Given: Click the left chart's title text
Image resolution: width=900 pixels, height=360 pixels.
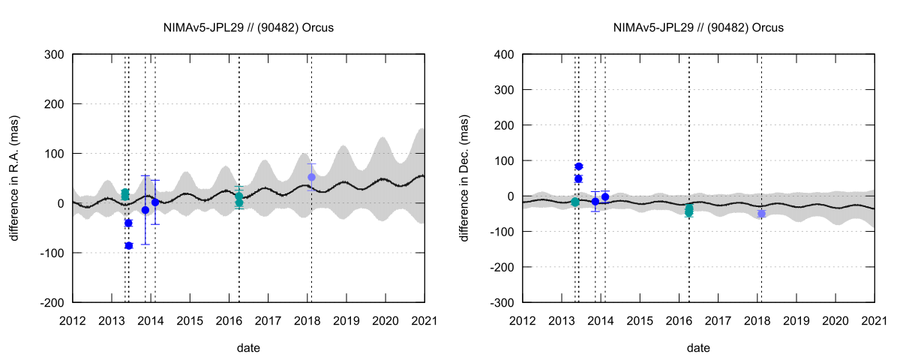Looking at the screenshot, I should (x=248, y=28).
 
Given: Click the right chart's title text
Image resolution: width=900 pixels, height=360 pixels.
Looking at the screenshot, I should (x=698, y=28).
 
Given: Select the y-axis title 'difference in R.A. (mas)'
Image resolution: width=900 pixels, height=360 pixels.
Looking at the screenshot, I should (x=15, y=178).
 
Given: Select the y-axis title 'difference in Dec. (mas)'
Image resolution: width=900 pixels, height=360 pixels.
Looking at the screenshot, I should (x=465, y=178).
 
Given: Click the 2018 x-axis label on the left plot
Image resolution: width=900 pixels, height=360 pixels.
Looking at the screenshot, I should (x=307, y=320).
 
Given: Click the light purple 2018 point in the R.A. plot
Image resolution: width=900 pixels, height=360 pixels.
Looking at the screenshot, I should (x=311, y=177).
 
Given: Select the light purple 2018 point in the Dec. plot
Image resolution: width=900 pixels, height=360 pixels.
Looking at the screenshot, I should (x=761, y=214).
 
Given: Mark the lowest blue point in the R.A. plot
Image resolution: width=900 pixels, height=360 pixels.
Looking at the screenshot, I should (x=128, y=246).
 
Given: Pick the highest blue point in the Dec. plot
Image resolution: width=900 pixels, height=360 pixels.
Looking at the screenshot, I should (x=579, y=166).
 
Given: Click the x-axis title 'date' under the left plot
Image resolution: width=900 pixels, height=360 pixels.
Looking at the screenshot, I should (x=248, y=348).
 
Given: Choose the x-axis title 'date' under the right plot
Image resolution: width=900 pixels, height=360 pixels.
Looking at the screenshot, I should (x=698, y=348).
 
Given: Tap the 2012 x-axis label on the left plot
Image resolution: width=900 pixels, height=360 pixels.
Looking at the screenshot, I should (x=73, y=320).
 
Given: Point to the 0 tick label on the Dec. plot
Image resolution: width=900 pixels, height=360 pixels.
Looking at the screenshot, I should (x=511, y=196).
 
